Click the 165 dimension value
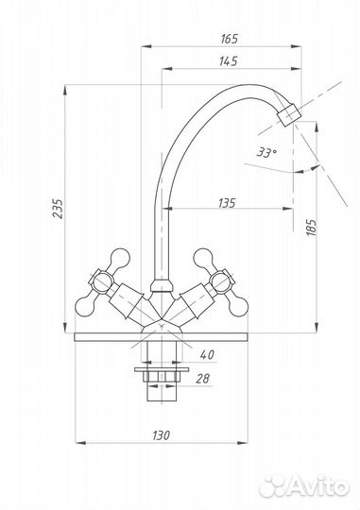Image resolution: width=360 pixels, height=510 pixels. (x=230, y=39)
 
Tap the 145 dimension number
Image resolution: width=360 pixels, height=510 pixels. (x=228, y=61)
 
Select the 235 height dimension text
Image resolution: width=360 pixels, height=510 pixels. (x=58, y=208)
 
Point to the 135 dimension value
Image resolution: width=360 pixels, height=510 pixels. (x=227, y=203)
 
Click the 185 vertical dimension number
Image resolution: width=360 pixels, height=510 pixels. (x=311, y=228)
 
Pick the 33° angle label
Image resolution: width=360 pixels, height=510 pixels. (x=266, y=152)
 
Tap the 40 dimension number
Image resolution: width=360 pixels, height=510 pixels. (x=207, y=354)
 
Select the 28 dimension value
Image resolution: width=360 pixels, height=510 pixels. (x=203, y=379)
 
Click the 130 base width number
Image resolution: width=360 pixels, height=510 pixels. (x=162, y=434)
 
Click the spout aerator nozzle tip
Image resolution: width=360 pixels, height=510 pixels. (x=289, y=115)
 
